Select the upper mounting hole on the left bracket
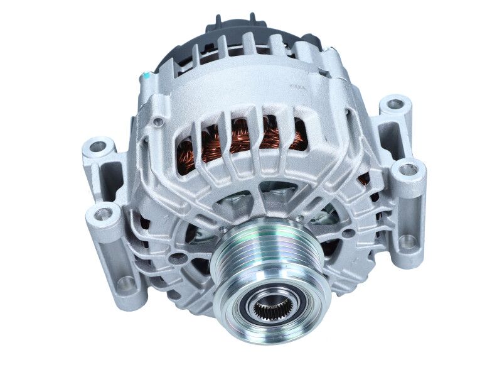coord(99,147)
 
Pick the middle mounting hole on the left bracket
coord(105,213)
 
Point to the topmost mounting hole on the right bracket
coord(395,104)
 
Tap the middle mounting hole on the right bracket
coord(408,168)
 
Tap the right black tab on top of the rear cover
coord(252,19)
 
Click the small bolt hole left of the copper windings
coord(159,121)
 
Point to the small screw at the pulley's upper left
coord(222,231)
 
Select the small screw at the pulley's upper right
coord(300,218)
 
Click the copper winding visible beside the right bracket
coord(363,181)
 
